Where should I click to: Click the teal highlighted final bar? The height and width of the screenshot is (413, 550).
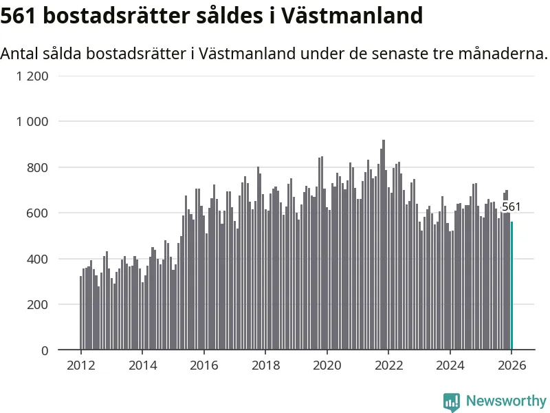point(511,286)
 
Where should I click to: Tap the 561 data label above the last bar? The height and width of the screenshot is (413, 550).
point(511,206)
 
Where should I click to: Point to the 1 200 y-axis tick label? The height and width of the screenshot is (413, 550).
point(33,76)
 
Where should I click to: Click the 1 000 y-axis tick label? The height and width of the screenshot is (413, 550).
point(33,122)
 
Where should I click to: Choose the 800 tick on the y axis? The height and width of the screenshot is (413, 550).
point(38,167)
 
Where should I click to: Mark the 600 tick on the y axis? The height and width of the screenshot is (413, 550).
point(38,213)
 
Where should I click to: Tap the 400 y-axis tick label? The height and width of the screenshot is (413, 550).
point(38,259)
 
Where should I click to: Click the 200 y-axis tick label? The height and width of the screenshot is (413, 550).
point(38,305)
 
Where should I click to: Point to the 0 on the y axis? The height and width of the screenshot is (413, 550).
point(45,350)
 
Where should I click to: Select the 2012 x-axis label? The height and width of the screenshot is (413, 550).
point(80,366)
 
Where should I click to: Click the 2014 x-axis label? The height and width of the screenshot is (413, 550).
point(142,366)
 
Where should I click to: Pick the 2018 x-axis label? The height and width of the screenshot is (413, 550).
point(265,366)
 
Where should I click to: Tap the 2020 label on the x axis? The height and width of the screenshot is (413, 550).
point(327,366)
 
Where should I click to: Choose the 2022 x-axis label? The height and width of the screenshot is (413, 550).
point(388,366)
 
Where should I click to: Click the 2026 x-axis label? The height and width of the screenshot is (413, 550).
point(511,366)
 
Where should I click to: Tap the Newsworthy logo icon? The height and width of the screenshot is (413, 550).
point(452,401)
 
